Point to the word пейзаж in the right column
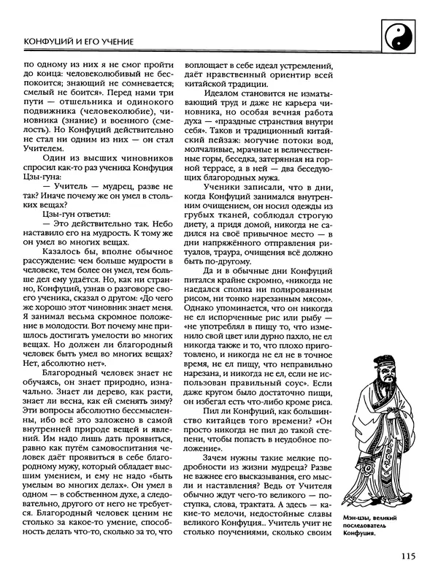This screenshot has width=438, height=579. [x=222, y=135]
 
